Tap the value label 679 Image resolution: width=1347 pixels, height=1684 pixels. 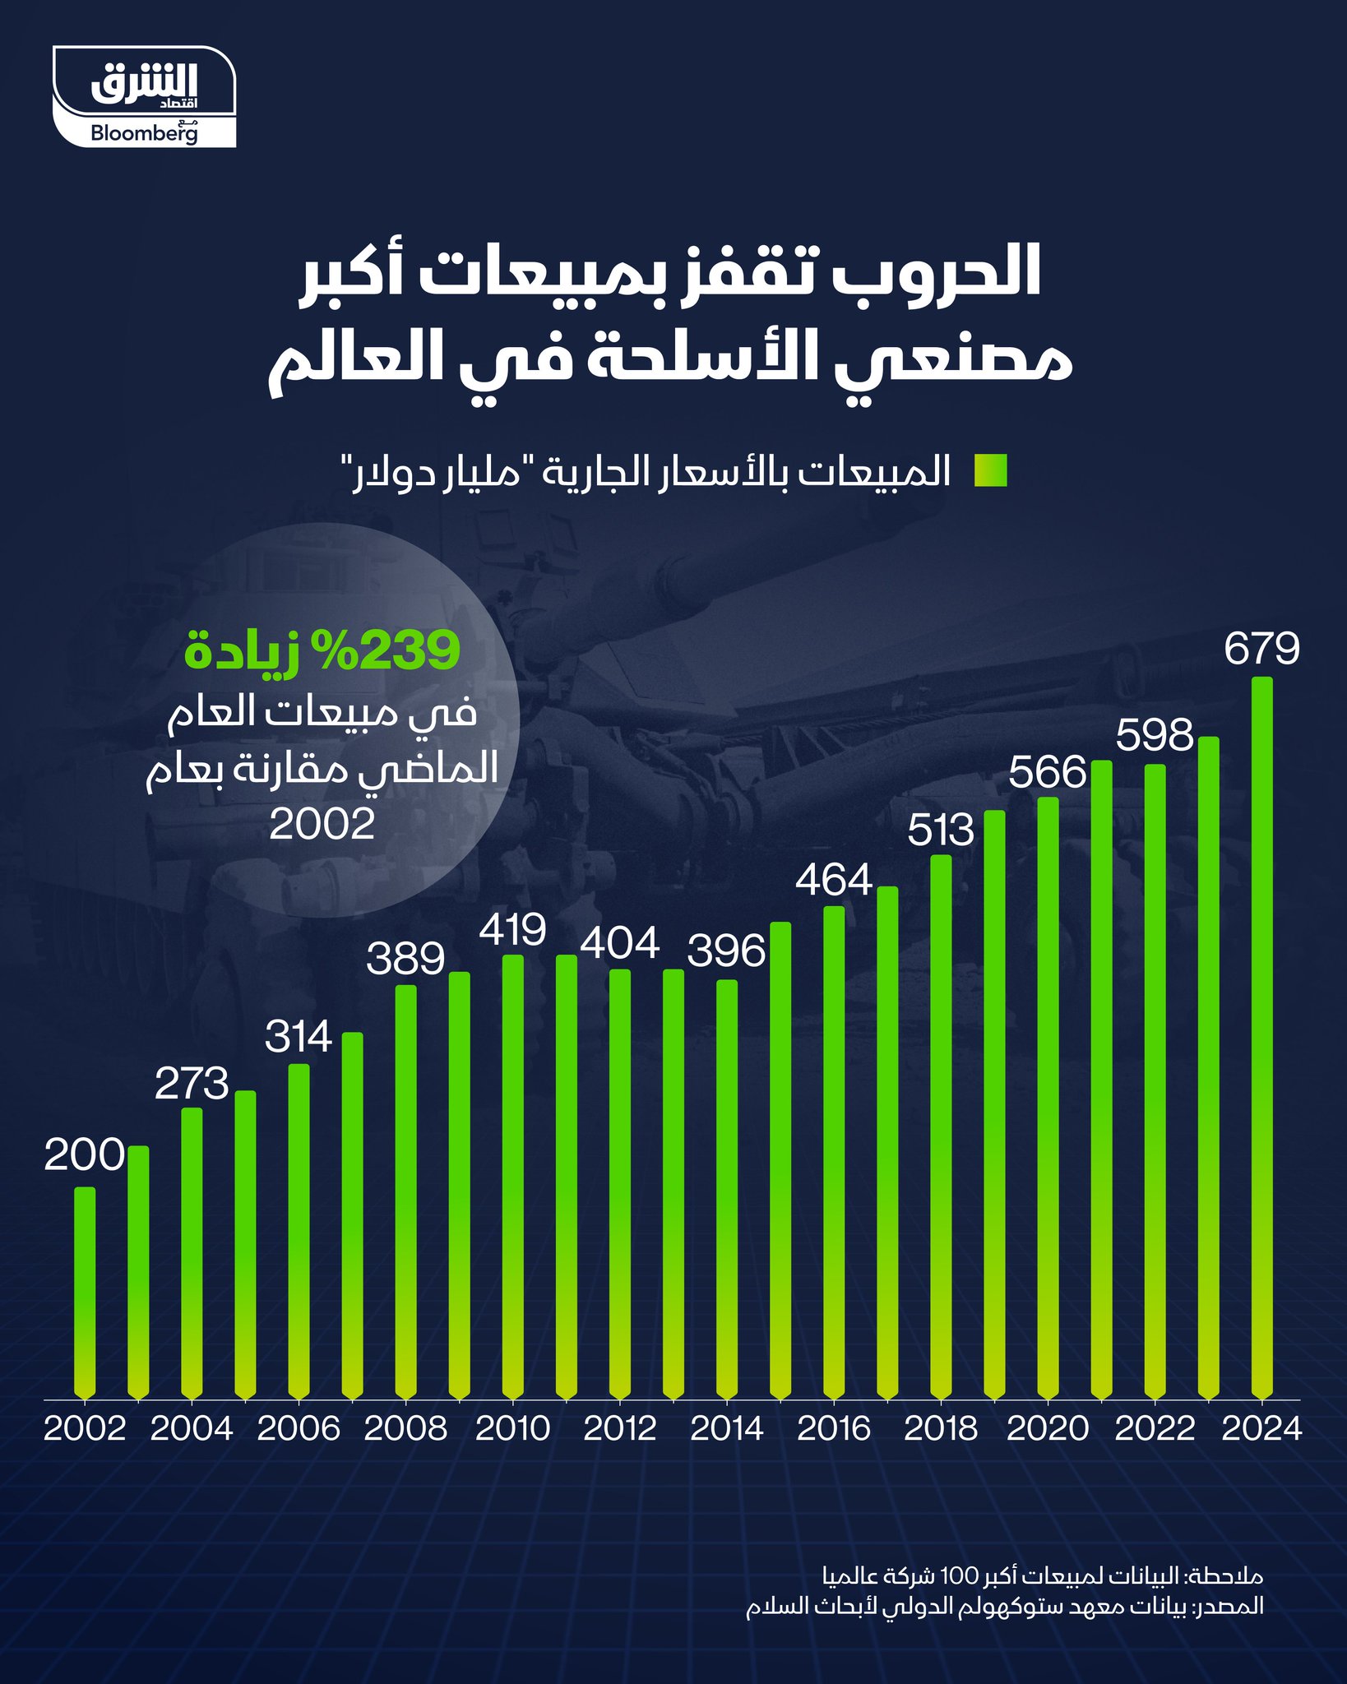(x=1261, y=649)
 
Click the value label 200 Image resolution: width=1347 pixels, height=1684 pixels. (x=84, y=1156)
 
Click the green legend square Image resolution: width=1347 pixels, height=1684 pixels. (x=990, y=472)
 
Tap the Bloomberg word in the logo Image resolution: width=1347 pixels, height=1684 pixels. (x=144, y=133)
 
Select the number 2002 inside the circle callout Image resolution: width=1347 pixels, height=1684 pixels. (x=322, y=823)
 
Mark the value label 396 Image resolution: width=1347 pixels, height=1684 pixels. (x=726, y=951)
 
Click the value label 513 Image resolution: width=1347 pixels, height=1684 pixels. (x=941, y=830)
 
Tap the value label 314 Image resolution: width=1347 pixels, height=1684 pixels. (x=299, y=1037)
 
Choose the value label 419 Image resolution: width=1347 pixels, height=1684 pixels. (x=512, y=930)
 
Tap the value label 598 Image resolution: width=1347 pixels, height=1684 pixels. (x=1155, y=735)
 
